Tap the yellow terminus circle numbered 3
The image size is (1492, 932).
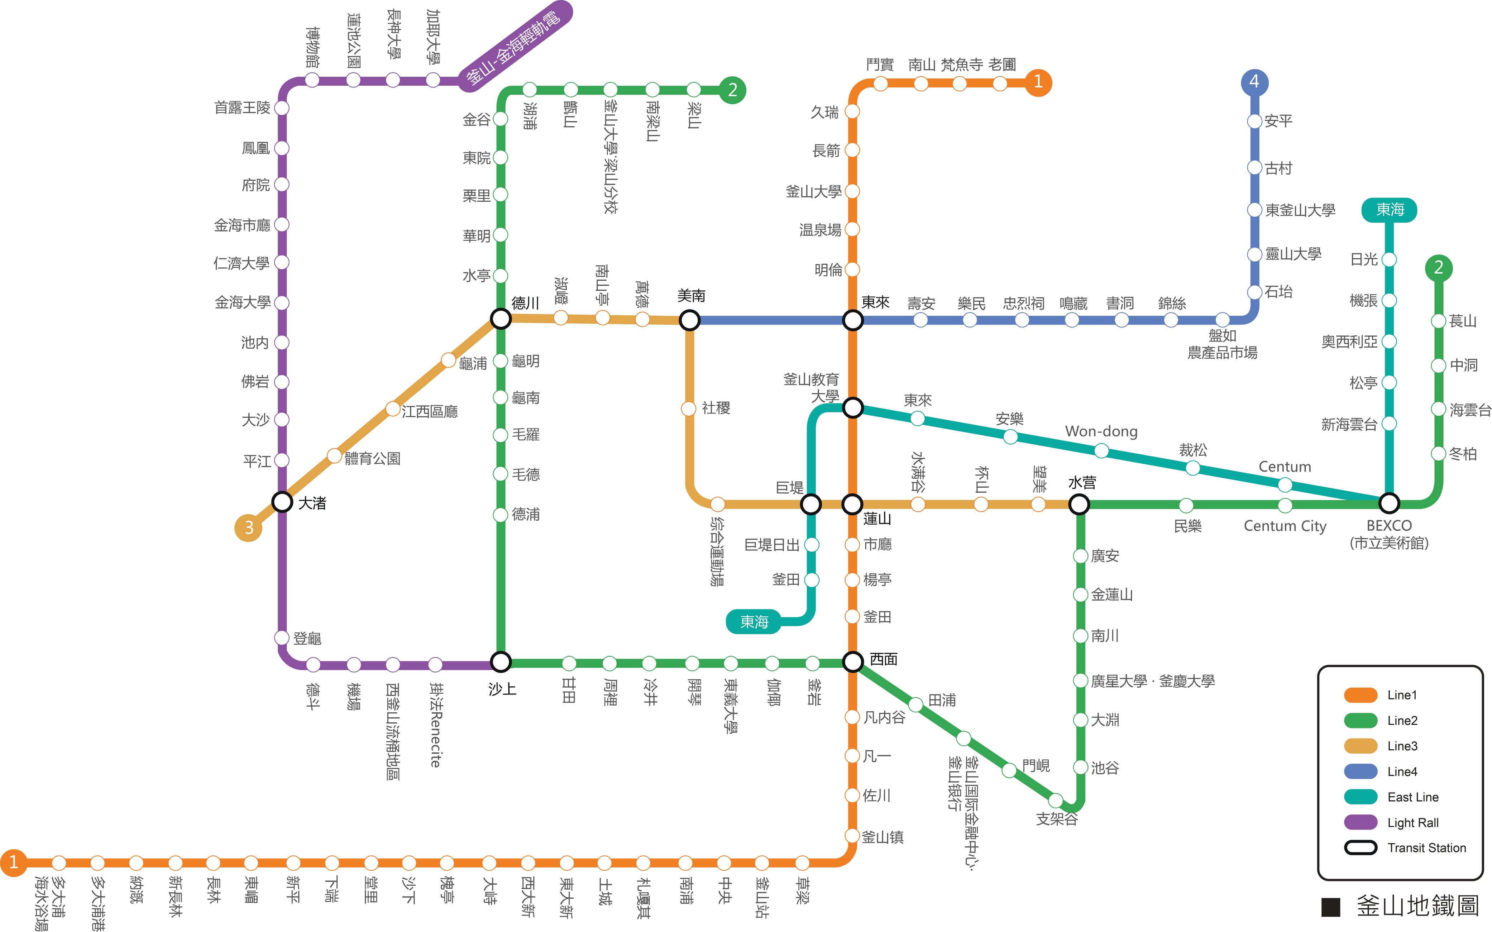point(248,528)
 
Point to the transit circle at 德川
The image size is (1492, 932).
point(501,319)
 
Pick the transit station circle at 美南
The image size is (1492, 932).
point(690,320)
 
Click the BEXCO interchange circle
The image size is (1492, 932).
point(1389,503)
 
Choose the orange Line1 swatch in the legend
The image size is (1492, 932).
point(1360,695)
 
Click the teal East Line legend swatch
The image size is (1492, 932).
point(1360,797)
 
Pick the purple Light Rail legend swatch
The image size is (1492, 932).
point(1360,822)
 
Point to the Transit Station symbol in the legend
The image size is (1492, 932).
point(1360,847)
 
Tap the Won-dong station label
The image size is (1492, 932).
point(1101,431)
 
